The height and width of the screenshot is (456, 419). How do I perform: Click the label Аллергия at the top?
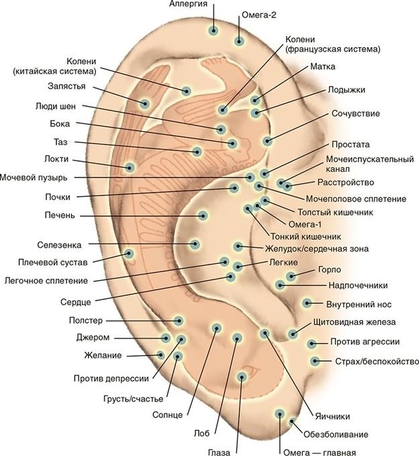tap(188, 5)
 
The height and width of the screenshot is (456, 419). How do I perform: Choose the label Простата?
tap(351, 144)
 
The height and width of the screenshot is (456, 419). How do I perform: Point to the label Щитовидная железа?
tap(361, 322)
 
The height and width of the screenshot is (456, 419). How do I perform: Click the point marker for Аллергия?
tap(214, 30)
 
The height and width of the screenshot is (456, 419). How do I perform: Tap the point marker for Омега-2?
tap(239, 41)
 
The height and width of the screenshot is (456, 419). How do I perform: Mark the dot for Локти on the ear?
tap(130, 167)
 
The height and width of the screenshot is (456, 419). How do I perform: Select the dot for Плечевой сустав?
tap(130, 253)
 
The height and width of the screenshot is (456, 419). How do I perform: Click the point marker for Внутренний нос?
tap(307, 303)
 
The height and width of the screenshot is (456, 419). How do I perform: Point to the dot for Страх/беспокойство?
tap(315, 361)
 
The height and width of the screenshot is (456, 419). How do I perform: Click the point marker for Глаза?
tap(243, 377)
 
